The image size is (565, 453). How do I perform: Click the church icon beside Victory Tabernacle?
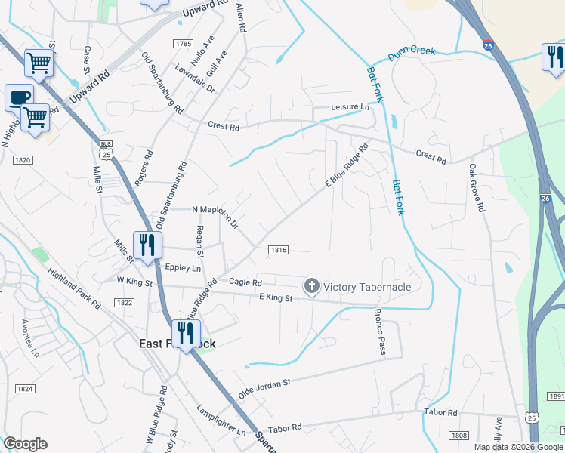coord(311,286)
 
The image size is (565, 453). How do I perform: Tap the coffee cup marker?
coord(19,97)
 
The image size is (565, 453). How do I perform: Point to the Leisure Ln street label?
coord(350,107)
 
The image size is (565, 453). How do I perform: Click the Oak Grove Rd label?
coord(475,188)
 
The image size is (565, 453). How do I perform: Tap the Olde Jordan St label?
coord(264,388)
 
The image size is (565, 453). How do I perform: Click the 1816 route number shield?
coord(278,249)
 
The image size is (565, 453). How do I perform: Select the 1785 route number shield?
coord(182,45)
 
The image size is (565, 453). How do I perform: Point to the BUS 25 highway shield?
coord(107,149)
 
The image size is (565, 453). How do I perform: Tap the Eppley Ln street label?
coord(184,267)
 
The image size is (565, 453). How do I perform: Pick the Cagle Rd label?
coord(245,282)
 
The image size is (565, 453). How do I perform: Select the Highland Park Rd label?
coord(74,288)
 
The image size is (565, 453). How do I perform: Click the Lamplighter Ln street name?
coord(221,421)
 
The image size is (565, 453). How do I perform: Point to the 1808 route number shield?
coord(458,436)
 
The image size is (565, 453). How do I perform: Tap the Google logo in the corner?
coord(25,444)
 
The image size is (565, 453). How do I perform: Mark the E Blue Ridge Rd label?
coord(346,165)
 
